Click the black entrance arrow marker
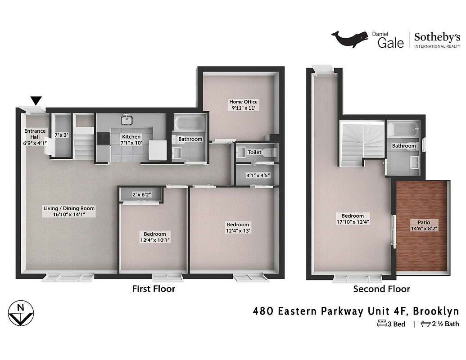point(36,100)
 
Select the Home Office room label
point(243,102)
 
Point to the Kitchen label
point(131,136)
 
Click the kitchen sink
point(126,120)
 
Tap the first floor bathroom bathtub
point(190,122)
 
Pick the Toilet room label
point(254,153)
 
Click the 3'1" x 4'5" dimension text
point(258,175)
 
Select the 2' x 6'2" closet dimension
point(142,194)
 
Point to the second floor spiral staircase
point(363,142)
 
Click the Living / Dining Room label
point(69,208)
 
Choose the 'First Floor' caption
point(153,289)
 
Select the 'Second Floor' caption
point(381,289)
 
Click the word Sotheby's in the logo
point(437,37)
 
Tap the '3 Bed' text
point(396,324)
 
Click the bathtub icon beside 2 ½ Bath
point(425,324)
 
